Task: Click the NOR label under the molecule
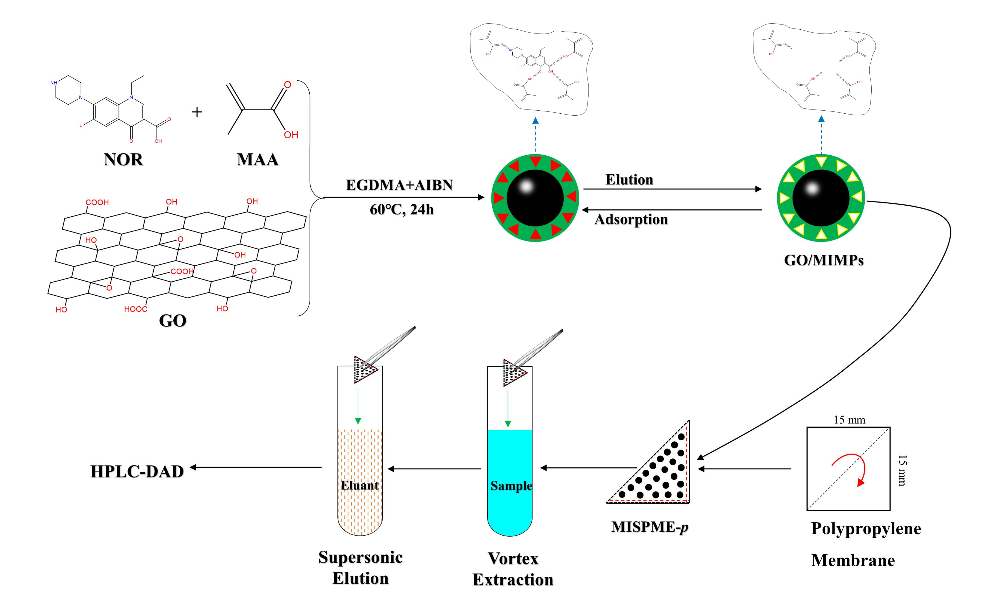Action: click(x=123, y=159)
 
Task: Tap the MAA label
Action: click(x=257, y=159)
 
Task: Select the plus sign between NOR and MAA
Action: click(x=197, y=112)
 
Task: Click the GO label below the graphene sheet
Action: click(x=172, y=321)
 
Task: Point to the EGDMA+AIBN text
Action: click(x=399, y=185)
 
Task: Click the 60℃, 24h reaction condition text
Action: click(x=401, y=210)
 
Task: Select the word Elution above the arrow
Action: click(x=629, y=180)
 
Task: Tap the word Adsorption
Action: click(x=631, y=220)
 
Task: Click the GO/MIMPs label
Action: click(x=824, y=260)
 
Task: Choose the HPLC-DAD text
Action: click(x=137, y=472)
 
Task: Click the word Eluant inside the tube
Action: click(x=360, y=486)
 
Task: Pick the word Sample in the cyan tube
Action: click(x=511, y=486)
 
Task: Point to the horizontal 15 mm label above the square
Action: click(x=849, y=420)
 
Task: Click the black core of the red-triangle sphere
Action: click(x=535, y=198)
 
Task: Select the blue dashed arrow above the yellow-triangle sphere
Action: click(x=821, y=137)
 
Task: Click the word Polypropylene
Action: click(x=866, y=529)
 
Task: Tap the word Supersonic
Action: click(x=360, y=557)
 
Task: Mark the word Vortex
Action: click(x=513, y=559)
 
